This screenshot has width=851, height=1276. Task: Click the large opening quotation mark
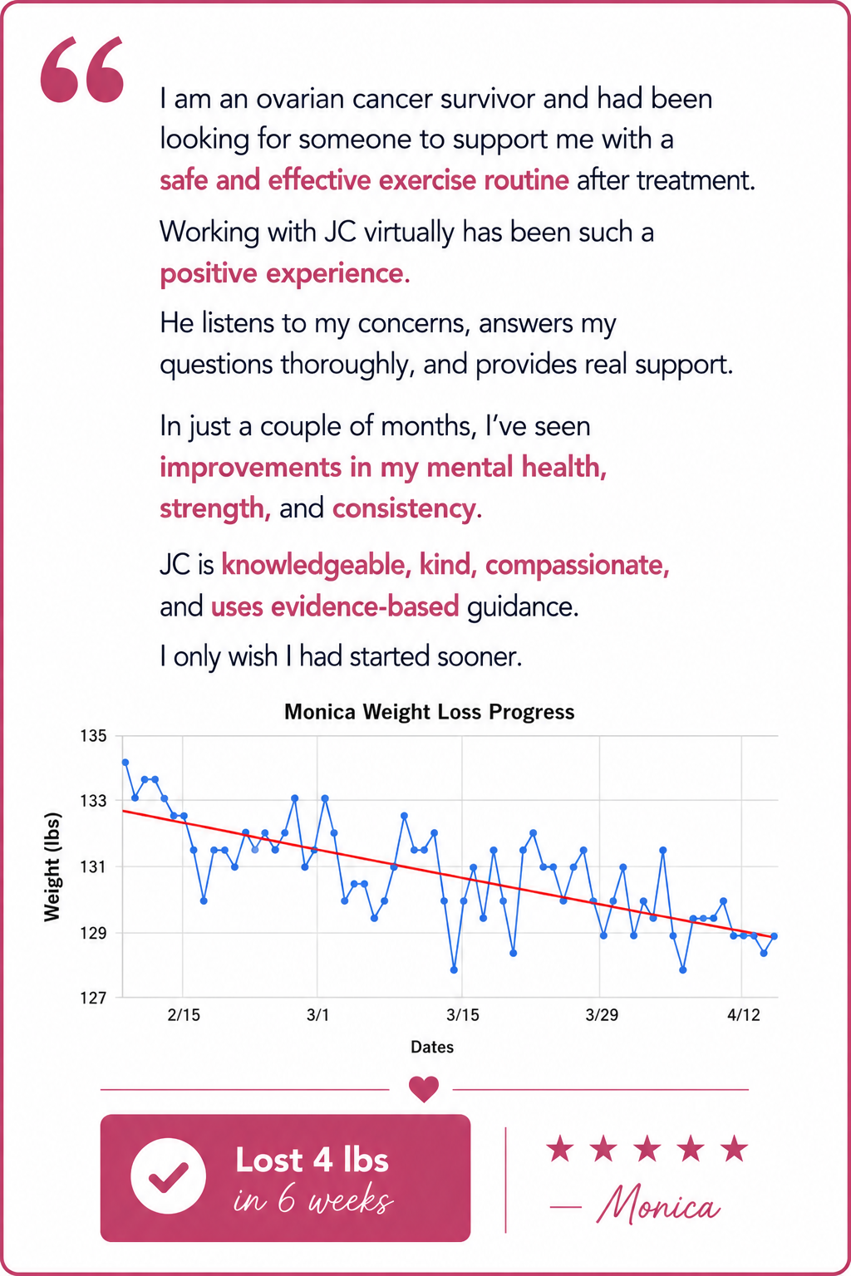(x=82, y=70)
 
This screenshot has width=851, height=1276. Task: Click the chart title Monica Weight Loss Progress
(x=429, y=712)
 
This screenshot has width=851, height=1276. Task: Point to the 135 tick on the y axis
(x=93, y=736)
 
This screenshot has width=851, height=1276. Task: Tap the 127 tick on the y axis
(x=93, y=998)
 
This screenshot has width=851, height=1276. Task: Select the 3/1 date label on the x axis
(x=317, y=1015)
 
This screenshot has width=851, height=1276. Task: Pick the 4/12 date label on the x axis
(x=743, y=1015)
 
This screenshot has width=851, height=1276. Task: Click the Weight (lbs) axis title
(x=52, y=866)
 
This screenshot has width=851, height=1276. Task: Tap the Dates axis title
(x=432, y=1047)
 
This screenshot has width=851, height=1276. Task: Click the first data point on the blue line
(x=125, y=762)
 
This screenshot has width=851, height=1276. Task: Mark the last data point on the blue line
(x=774, y=936)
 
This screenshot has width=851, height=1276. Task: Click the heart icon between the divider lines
(x=424, y=1088)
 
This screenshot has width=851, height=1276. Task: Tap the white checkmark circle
(x=168, y=1176)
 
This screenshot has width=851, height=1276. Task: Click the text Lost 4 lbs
(x=312, y=1160)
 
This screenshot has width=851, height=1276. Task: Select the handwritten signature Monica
(x=659, y=1205)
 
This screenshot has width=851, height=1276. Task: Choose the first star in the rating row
(x=560, y=1147)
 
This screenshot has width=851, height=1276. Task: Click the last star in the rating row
(x=734, y=1147)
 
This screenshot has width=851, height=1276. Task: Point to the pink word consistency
(x=407, y=508)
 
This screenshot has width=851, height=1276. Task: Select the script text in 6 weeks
(x=313, y=1200)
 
